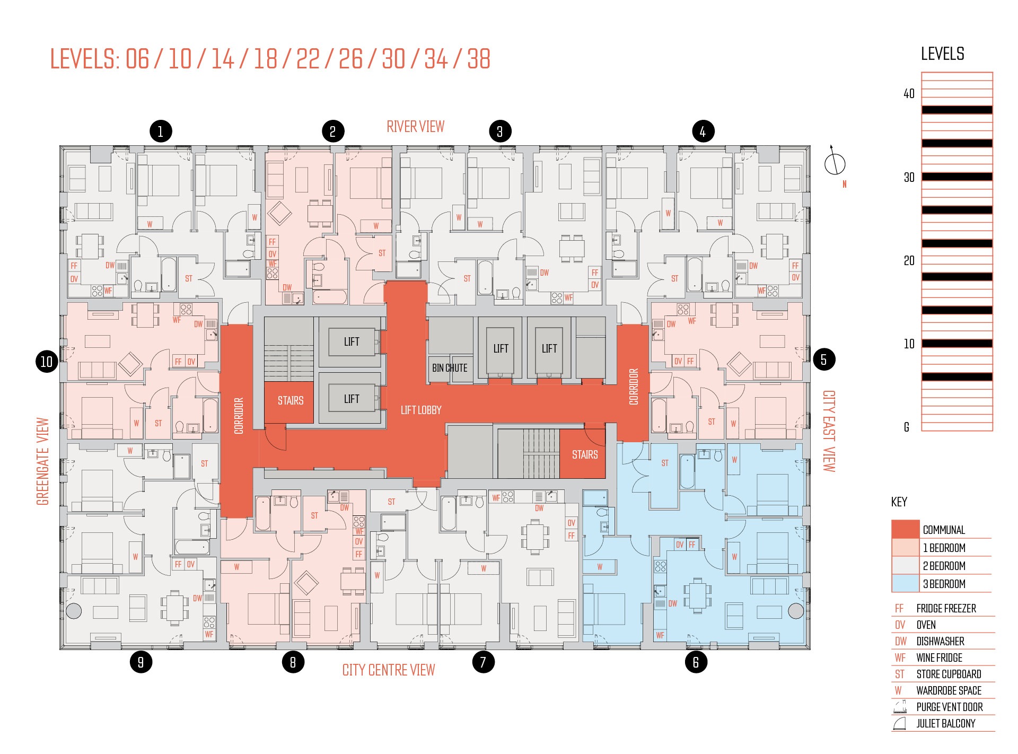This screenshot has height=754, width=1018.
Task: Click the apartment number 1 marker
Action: [x=161, y=131]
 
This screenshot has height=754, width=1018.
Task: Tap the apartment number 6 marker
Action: [x=696, y=662]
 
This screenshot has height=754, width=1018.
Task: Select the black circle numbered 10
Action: [x=47, y=362]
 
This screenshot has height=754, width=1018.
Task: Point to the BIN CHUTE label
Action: [x=450, y=368]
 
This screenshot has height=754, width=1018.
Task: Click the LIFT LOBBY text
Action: [x=421, y=410]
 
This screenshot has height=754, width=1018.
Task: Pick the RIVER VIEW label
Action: [x=416, y=127]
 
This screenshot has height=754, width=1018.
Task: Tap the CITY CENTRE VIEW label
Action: [x=389, y=670]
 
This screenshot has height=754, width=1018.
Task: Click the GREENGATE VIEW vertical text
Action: [x=42, y=461]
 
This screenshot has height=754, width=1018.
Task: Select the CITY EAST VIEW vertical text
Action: [x=829, y=431]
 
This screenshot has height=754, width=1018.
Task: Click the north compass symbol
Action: [x=835, y=162]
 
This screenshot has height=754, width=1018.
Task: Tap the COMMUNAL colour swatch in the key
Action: [x=905, y=529]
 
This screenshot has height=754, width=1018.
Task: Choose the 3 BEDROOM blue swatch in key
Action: [x=905, y=583]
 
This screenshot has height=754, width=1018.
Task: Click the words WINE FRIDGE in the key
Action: [x=940, y=657]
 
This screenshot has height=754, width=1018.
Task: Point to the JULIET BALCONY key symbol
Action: [x=900, y=723]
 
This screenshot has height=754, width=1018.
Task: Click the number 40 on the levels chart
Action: [x=909, y=94]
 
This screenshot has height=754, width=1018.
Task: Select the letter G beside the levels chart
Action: [x=907, y=427]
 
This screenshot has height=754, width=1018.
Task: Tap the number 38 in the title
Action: [x=479, y=59]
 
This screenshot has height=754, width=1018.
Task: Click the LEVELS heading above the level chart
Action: [x=943, y=54]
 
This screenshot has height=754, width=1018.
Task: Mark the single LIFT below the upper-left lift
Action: [x=352, y=399]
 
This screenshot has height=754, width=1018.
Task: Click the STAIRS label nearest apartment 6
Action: [x=585, y=454]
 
